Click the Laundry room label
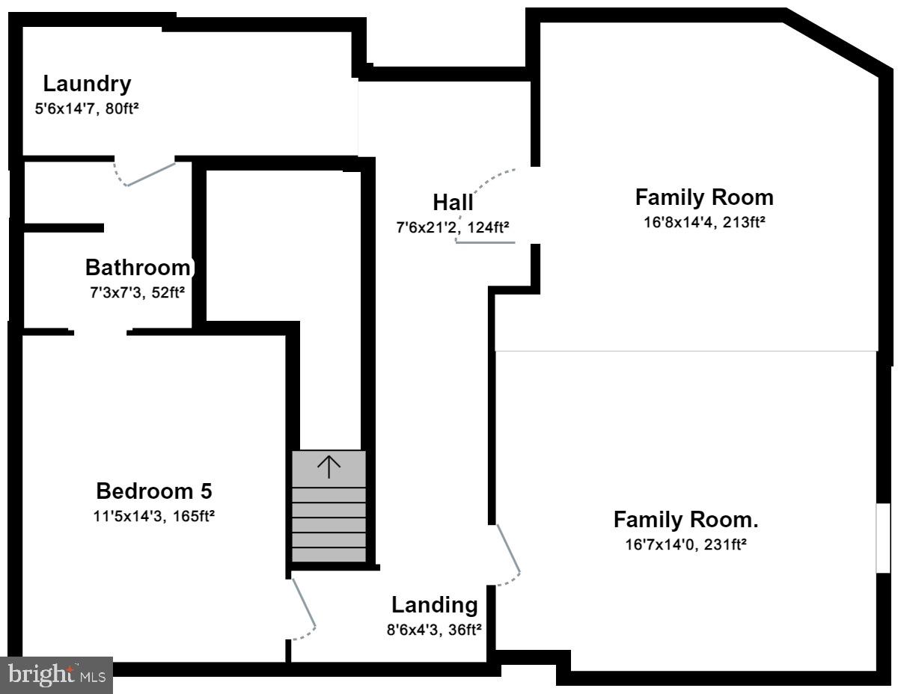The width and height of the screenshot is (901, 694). click(87, 84)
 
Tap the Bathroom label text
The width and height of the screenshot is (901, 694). click(138, 267)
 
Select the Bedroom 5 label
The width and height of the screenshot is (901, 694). click(154, 491)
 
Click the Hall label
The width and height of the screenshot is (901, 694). click(453, 203)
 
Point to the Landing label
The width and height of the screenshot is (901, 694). click(434, 605)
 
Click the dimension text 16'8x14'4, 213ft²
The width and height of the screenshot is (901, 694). click(703, 223)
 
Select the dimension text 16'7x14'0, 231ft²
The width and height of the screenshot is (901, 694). click(685, 545)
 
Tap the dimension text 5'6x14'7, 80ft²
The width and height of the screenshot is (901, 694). click(87, 108)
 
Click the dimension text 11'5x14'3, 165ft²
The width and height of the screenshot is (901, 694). click(155, 516)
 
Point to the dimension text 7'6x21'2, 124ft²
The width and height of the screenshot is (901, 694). click(453, 227)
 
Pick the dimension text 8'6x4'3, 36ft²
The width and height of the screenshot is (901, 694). click(433, 630)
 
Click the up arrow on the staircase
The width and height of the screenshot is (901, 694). click(329, 467)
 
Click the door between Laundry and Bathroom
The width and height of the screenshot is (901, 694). click(150, 173)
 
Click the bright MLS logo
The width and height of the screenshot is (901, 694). click(57, 675)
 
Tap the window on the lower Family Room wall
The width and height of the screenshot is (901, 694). click(884, 538)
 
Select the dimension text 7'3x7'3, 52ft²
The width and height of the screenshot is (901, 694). click(137, 292)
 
